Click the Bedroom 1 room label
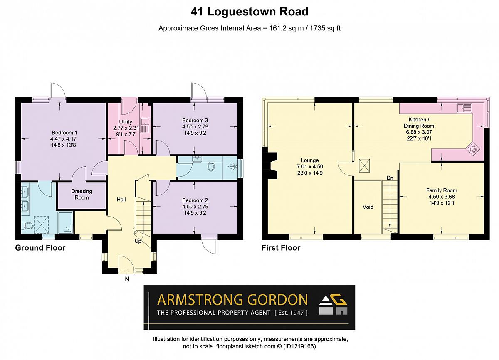point(64,133)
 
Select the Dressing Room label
point(82,195)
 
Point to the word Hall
point(121,200)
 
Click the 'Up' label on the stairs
point(138,241)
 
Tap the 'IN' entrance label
point(126,279)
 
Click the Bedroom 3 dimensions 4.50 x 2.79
point(195,127)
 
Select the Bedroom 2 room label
point(195,200)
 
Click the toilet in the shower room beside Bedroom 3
point(211,166)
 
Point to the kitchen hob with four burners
point(473,149)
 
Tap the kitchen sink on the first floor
point(464,108)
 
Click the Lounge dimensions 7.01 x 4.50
point(310,167)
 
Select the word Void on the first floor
point(368,207)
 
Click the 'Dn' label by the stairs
point(390,178)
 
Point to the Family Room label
point(442,190)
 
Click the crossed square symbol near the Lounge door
point(364,165)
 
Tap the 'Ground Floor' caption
point(40,248)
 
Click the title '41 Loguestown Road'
point(249,12)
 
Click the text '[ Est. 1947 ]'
point(291,313)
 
